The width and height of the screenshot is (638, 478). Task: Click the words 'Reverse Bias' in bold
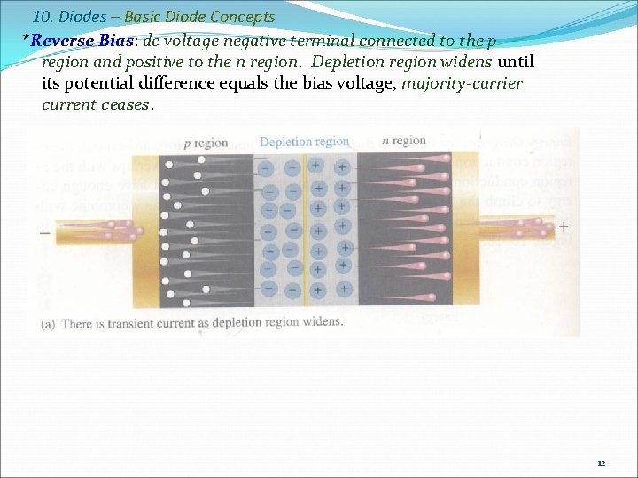[74, 41]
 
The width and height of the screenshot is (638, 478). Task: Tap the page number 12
[601, 463]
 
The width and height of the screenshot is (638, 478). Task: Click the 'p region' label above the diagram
[206, 143]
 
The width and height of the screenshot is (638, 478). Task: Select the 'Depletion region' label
[304, 142]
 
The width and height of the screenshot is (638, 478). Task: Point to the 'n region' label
[403, 141]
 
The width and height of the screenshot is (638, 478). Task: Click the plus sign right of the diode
[563, 227]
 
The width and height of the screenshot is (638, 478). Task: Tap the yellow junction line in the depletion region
[304, 230]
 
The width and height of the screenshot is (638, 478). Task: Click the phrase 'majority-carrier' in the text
[463, 83]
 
